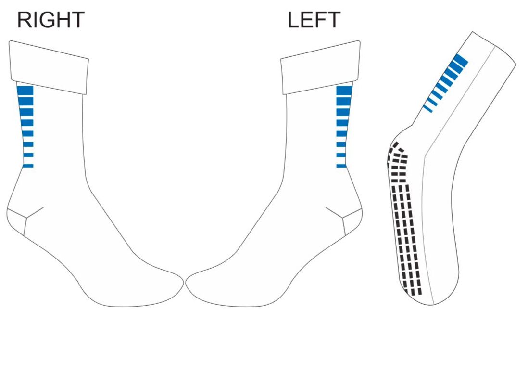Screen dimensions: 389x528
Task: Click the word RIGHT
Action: coord(50,21)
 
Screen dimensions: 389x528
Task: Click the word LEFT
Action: coord(314,21)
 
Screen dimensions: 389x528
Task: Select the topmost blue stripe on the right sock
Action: coord(25,91)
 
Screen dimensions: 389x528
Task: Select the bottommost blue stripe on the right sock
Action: coord(27,166)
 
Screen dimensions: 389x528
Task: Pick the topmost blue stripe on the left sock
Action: coord(344,91)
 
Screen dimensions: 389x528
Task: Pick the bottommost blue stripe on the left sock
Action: coord(341,166)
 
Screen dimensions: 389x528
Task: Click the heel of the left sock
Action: coord(353,222)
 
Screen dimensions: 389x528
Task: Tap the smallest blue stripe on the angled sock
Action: coord(427,109)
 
